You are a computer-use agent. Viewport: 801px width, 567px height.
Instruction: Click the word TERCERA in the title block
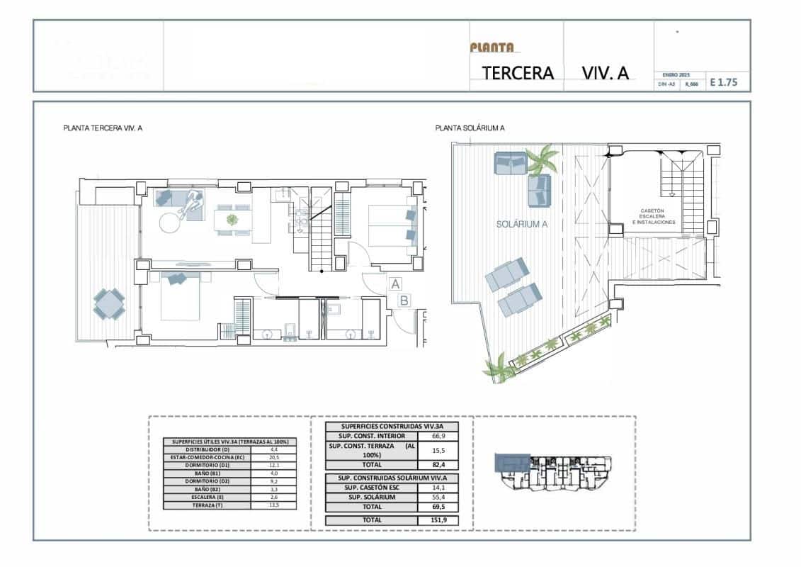518,72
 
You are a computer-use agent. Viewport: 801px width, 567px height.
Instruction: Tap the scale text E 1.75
723,82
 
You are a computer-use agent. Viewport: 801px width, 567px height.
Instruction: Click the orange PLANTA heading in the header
492,47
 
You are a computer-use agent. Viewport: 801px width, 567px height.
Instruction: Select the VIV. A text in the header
605,72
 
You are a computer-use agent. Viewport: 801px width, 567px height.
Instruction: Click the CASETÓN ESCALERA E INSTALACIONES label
653,216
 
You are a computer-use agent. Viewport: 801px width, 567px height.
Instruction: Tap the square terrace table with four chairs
109,305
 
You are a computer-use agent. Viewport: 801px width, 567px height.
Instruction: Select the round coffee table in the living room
171,222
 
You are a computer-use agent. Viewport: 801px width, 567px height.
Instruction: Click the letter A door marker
394,284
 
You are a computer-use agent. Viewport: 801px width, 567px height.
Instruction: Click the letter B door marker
403,301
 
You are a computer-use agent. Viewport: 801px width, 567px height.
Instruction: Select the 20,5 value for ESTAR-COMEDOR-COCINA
274,457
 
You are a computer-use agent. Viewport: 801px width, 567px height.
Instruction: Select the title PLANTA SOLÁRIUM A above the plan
470,128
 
